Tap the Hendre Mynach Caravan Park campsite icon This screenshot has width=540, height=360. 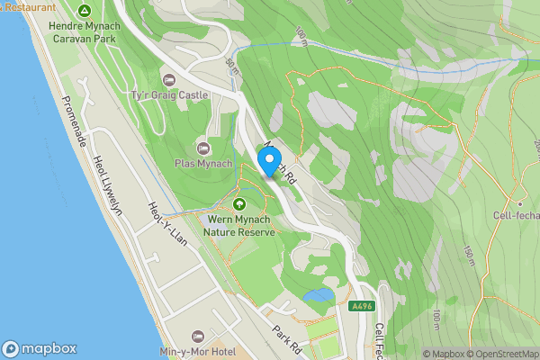tap(84, 12)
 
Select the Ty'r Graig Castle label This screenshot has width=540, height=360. tap(169, 94)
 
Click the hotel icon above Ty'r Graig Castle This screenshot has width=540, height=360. tap(168, 79)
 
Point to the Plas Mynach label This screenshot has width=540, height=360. tap(203, 163)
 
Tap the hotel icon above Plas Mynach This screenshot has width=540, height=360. tap(203, 147)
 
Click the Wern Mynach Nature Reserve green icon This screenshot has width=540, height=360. tap(239, 203)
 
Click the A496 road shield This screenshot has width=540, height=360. tap(362, 306)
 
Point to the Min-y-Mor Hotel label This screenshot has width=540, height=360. tap(196, 351)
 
